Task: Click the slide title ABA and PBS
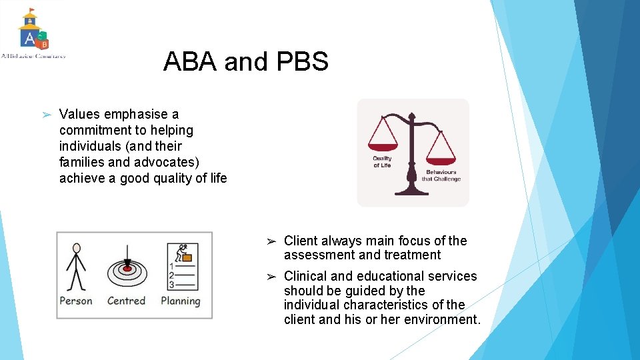coord(245,62)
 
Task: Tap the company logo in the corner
coord(33,33)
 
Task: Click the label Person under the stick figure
coord(76,301)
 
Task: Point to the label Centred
coord(126,301)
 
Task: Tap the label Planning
coord(181,301)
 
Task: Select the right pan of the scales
coord(441,160)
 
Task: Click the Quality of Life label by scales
coord(382,162)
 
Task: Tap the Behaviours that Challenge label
coord(441,175)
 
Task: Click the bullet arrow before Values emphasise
coord(46,115)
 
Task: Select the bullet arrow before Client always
coord(271,241)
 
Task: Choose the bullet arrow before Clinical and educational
coord(271,277)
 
